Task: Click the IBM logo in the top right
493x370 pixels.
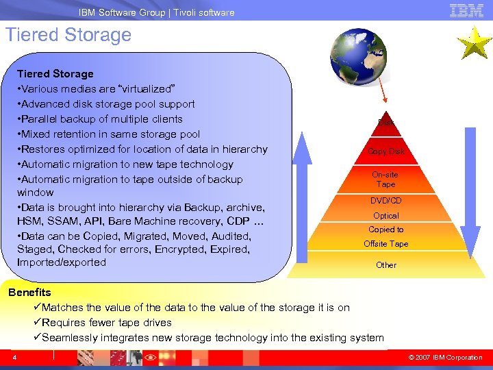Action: click(x=466, y=10)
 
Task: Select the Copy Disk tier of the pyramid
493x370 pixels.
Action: click(x=385, y=151)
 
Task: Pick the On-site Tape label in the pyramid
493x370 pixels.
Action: click(x=385, y=180)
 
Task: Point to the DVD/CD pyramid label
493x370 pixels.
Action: click(x=385, y=201)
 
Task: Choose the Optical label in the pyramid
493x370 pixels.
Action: click(x=385, y=216)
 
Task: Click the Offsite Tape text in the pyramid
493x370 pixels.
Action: click(x=385, y=244)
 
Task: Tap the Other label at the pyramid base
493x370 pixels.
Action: click(x=385, y=265)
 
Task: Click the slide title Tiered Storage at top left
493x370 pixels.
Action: click(x=68, y=35)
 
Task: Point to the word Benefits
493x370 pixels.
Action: click(x=29, y=293)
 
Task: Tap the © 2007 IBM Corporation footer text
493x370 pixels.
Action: click(x=445, y=358)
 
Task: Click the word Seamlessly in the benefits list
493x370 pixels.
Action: click(x=71, y=338)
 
